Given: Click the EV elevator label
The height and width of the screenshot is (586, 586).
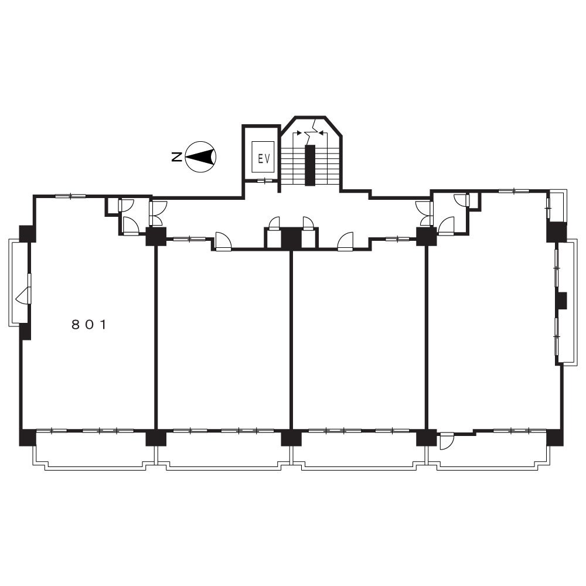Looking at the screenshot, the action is click(x=264, y=159).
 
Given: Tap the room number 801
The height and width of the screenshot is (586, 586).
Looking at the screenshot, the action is click(x=89, y=325).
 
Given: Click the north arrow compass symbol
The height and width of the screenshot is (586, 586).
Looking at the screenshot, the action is click(x=201, y=156).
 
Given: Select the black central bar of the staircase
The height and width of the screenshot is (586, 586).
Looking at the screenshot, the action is click(x=310, y=165).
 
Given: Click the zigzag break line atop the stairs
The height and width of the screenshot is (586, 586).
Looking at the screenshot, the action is click(x=310, y=131).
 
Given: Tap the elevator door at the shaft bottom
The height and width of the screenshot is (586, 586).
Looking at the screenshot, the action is click(x=265, y=181).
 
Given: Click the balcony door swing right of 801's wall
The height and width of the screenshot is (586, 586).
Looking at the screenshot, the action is click(x=446, y=441).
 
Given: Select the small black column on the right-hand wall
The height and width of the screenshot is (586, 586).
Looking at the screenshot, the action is click(x=561, y=301).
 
